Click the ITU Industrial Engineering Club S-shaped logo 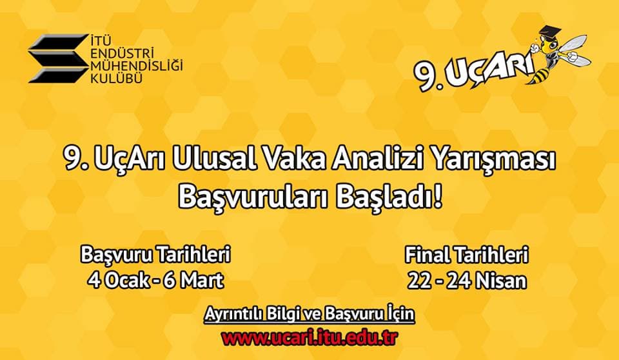57,59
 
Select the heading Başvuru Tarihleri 155,255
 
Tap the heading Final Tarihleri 467,255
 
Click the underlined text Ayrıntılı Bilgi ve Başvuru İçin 309,315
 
